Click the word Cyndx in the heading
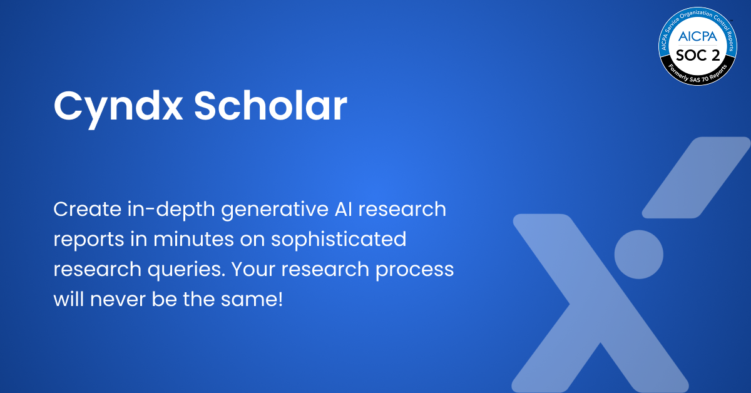(117, 106)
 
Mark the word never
(118, 299)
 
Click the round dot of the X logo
(638, 252)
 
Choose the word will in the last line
(69, 299)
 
